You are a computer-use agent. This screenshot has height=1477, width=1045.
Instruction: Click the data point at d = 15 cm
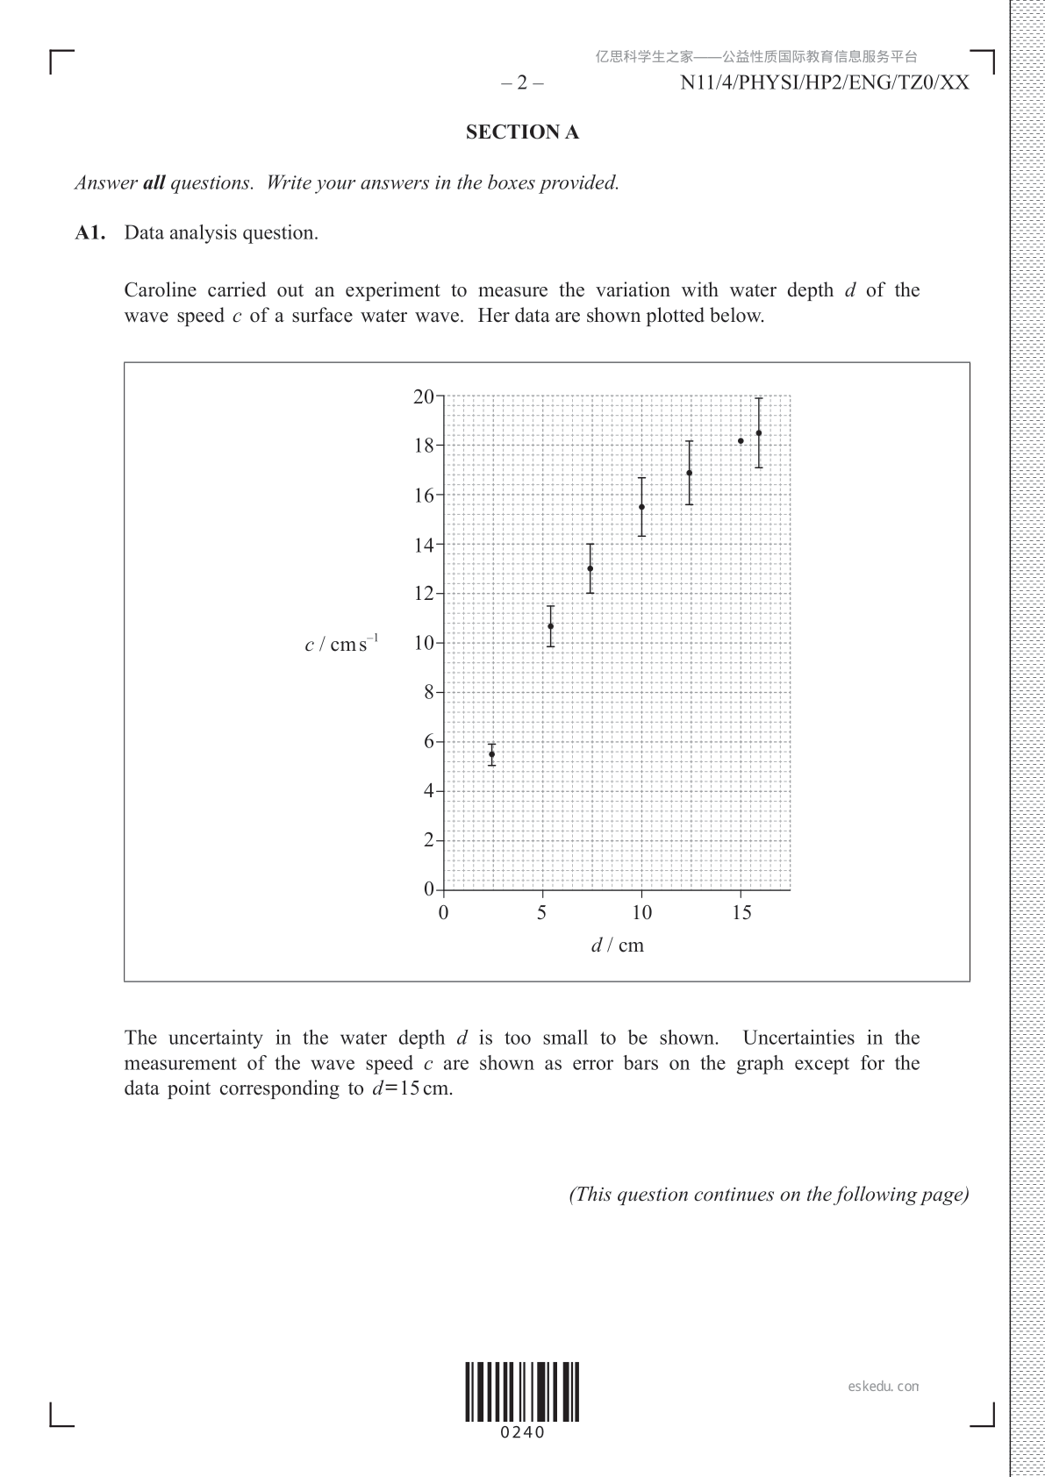coord(741,441)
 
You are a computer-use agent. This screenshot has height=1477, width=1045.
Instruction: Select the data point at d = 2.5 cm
coord(491,754)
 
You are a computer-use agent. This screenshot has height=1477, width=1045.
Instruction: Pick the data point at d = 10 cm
coord(641,507)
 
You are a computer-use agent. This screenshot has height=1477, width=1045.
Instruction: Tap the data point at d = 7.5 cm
coord(590,568)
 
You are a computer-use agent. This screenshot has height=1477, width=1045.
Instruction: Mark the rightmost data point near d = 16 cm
coord(759,432)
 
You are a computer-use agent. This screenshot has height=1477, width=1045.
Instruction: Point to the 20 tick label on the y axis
coord(424,396)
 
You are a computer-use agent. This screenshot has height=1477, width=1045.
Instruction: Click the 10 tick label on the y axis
coord(424,643)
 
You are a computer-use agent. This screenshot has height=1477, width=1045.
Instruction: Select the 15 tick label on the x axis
coord(741,913)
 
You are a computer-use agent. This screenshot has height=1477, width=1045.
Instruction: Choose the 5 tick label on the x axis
coord(542,913)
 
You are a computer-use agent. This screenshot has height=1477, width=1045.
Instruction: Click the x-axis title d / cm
coord(617,945)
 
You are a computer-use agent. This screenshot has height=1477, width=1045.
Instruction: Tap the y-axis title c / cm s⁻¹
coord(341,644)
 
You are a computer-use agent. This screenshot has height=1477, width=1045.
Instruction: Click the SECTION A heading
coord(522,132)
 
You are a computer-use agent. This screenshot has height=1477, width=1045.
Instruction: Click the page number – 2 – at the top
coord(522,83)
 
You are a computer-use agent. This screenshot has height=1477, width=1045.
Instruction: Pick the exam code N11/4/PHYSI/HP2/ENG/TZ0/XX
coord(825,83)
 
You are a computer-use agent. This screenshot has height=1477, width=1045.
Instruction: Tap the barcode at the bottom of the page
coord(522,1391)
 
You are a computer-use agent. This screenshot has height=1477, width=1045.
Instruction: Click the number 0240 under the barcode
coord(522,1433)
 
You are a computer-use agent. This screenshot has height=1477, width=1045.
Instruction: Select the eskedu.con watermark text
coord(884,1387)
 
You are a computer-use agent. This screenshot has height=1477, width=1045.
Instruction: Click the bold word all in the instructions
coord(154,183)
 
